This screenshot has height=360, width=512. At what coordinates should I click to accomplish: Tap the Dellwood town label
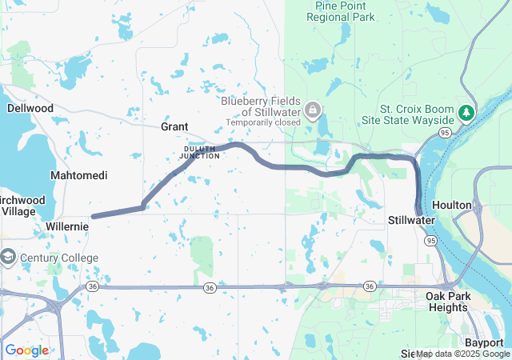[30, 108]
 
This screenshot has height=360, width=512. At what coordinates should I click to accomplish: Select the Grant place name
[174, 126]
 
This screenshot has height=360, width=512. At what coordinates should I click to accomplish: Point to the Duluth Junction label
[199, 151]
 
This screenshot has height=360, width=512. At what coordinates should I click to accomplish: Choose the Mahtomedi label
[78, 174]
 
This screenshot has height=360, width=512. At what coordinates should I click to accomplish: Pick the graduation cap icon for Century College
[8, 258]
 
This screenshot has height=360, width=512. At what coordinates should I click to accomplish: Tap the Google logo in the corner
[26, 350]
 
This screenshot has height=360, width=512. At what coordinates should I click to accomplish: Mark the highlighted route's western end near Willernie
[94, 216]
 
